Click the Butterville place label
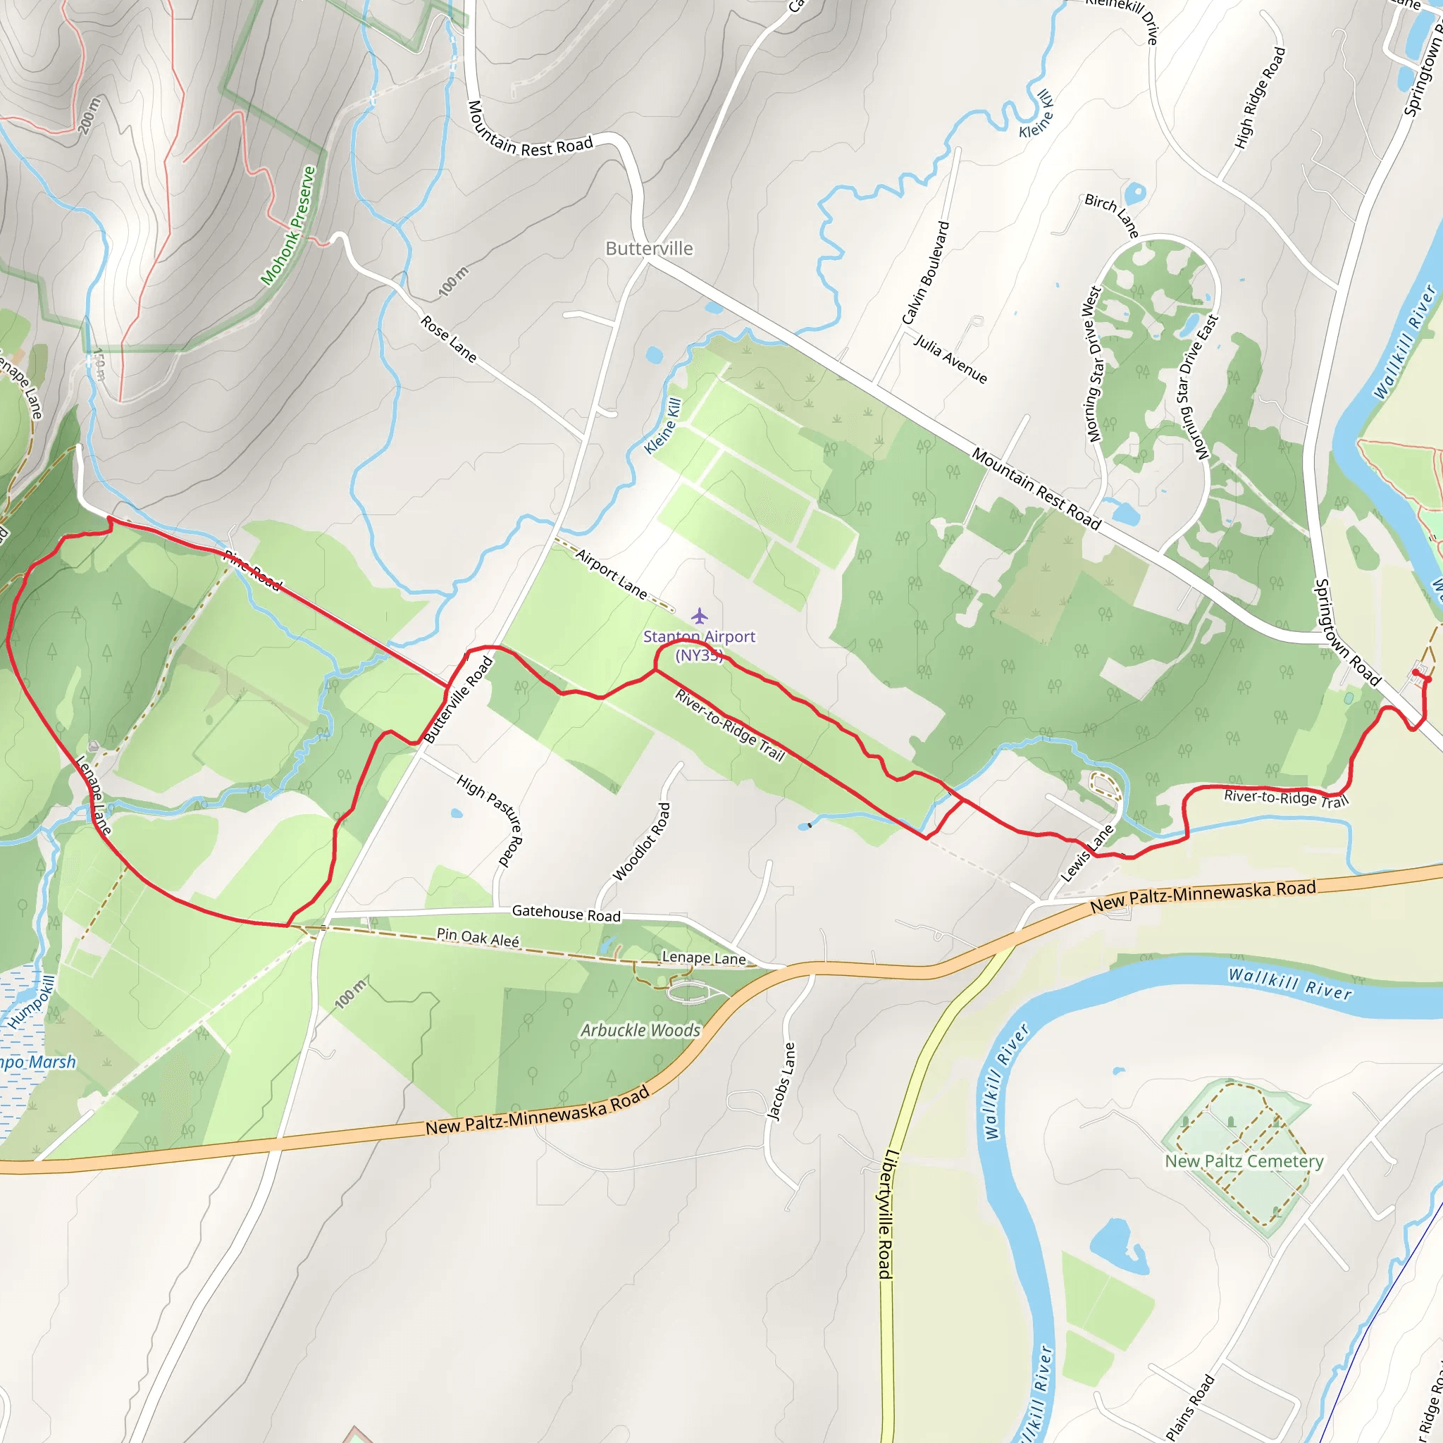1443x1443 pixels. [x=648, y=249]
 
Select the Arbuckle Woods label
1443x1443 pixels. [x=641, y=1030]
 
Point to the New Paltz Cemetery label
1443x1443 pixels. [x=1244, y=1161]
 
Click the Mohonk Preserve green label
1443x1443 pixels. [x=288, y=225]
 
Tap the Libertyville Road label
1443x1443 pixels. [x=886, y=1214]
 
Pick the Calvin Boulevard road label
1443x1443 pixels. [x=925, y=273]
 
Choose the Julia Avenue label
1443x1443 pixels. [x=950, y=359]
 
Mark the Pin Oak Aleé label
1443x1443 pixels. [x=478, y=937]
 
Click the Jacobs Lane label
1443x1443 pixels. [x=782, y=1082]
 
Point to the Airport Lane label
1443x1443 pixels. [x=612, y=574]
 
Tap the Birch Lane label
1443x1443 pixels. [x=1112, y=216]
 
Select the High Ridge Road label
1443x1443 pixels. [x=1260, y=98]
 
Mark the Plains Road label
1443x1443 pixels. [x=1190, y=1406]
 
